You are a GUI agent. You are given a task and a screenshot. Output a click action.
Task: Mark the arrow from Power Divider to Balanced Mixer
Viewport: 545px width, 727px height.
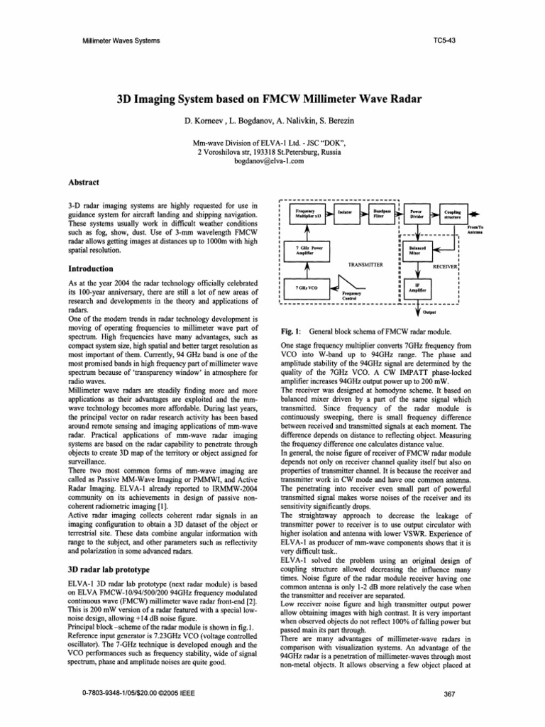point(417,232)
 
